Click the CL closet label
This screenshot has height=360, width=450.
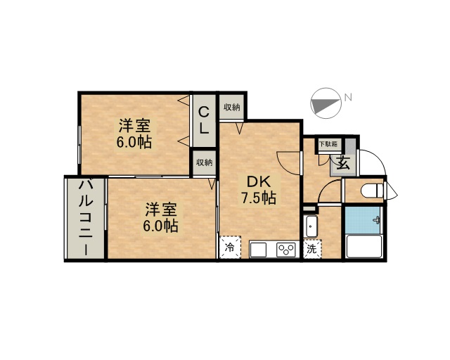pyautogui.click(x=204, y=120)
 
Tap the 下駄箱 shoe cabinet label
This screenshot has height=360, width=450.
pyautogui.click(x=329, y=144)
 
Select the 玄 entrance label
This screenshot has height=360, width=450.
pyautogui.click(x=343, y=163)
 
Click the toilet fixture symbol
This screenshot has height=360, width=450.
pyautogui.click(x=372, y=191)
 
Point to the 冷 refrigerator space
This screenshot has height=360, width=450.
pyautogui.click(x=230, y=247)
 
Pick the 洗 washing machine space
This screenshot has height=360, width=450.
pyautogui.click(x=312, y=249)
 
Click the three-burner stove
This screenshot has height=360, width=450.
pyautogui.click(x=286, y=250)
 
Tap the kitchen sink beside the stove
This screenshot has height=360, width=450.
pyautogui.click(x=258, y=250)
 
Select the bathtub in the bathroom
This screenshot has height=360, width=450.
pyautogui.click(x=364, y=246)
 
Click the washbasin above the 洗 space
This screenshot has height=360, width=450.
pyautogui.click(x=311, y=226)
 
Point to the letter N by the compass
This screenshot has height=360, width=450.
pyautogui.click(x=348, y=98)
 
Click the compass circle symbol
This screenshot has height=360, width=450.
pyautogui.click(x=326, y=103)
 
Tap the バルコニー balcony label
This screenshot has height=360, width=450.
pyautogui.click(x=86, y=217)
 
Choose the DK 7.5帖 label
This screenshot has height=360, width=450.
pyautogui.click(x=259, y=189)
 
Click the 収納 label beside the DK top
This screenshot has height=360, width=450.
pyautogui.click(x=232, y=108)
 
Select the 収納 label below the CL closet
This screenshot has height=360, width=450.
pyautogui.click(x=204, y=162)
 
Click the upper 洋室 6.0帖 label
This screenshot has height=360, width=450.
pyautogui.click(x=134, y=134)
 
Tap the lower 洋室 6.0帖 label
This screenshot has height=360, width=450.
pyautogui.click(x=161, y=217)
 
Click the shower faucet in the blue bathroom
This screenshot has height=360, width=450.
pyautogui.click(x=377, y=221)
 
